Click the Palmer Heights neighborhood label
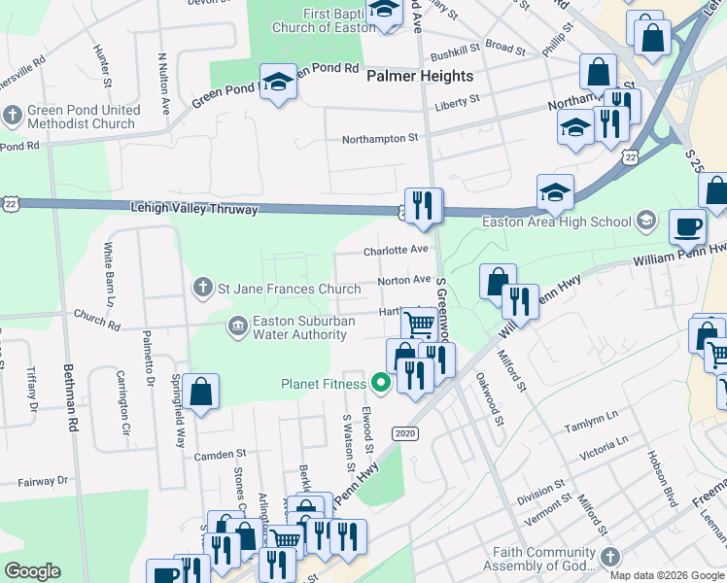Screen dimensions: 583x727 point(420,76)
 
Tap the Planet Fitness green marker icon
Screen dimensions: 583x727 point(380,383)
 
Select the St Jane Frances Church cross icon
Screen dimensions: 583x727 point(202,288)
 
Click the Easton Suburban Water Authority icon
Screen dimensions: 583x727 point(237,326)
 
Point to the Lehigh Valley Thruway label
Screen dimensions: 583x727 point(194,209)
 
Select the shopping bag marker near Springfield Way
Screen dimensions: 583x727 point(200,393)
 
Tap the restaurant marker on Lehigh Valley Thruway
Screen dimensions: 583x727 point(423,205)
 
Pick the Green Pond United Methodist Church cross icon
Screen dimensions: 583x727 point(13,117)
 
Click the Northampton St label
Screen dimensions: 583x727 point(379,139)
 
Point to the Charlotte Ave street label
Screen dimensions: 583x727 point(396,251)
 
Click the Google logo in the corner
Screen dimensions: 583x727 point(32,570)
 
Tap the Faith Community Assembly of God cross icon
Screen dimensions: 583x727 point(609,557)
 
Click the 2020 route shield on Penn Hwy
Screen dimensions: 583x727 point(405,432)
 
